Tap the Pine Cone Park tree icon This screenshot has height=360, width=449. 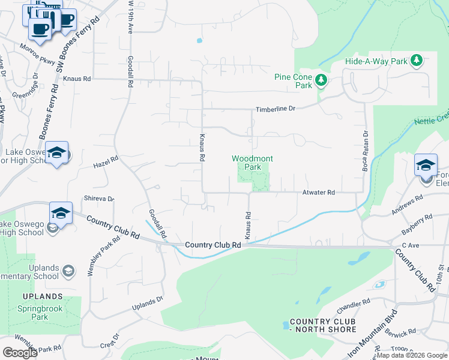321,80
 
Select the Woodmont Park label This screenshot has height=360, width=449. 253,163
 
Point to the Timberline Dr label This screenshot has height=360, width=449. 276,109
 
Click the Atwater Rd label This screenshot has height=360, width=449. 318,193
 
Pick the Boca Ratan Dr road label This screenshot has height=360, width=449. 364,150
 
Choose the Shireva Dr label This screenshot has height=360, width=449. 99,199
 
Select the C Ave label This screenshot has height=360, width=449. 410,245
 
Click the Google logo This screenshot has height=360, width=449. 20,353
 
